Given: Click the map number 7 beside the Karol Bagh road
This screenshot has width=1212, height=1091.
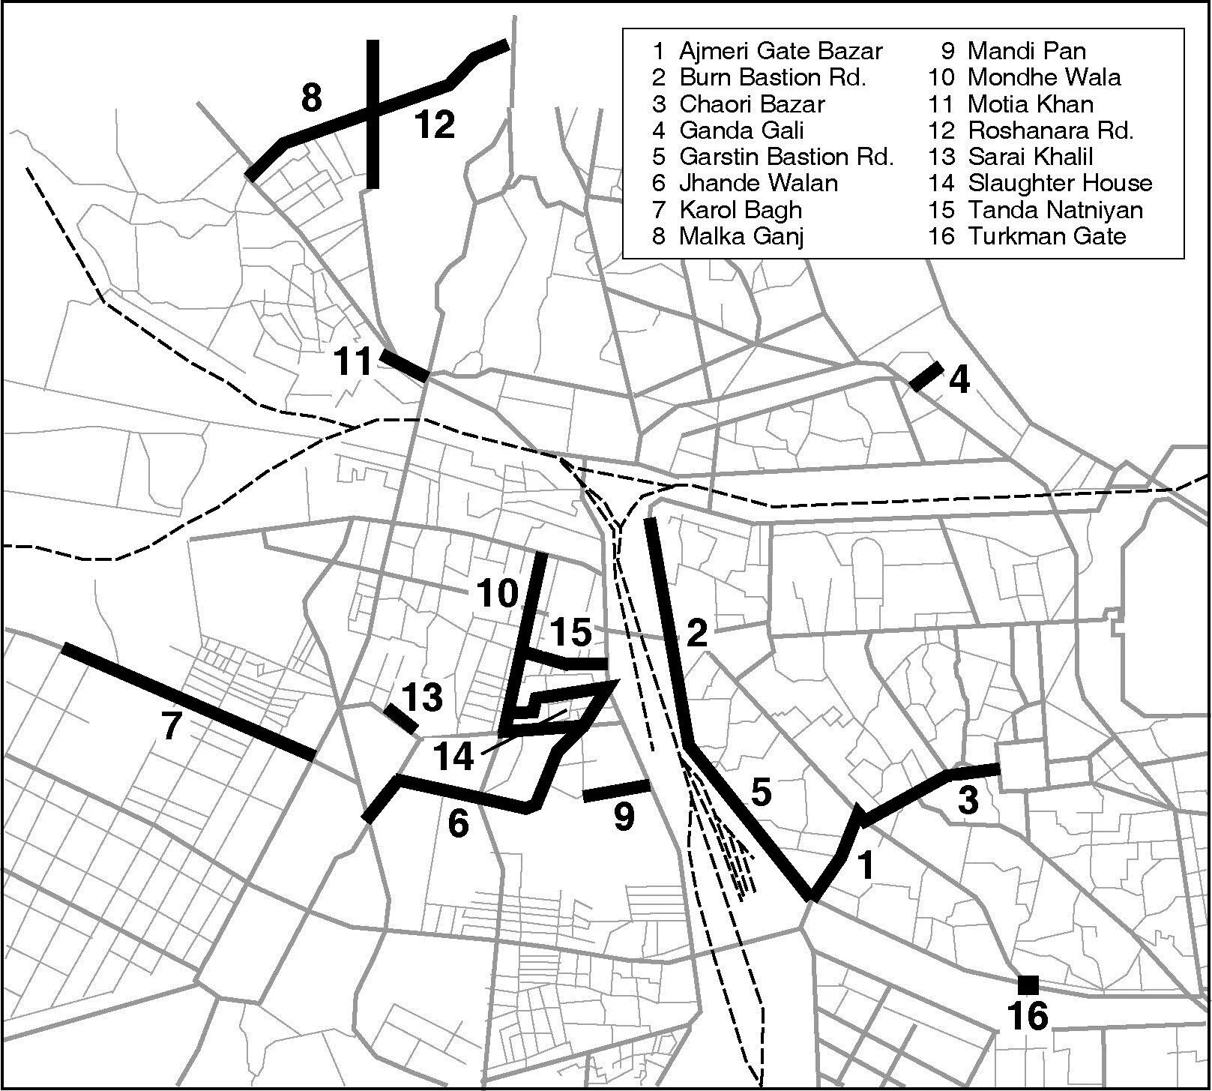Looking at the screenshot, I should click(172, 726).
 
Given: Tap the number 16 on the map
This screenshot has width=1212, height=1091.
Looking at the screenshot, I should click(1028, 1017).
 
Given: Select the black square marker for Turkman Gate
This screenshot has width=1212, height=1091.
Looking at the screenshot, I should click(1028, 984).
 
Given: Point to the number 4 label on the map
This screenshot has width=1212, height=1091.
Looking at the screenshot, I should click(959, 381).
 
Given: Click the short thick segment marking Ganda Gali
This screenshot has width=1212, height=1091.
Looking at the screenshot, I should click(926, 376).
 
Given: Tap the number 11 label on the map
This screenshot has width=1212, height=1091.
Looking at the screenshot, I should click(354, 362).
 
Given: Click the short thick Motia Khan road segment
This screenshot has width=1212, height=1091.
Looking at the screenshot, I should click(404, 364).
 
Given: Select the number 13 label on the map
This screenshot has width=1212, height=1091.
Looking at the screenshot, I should click(423, 697).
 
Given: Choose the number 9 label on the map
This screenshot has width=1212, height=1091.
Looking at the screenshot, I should click(624, 816).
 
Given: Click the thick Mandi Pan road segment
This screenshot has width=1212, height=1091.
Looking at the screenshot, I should click(615, 790).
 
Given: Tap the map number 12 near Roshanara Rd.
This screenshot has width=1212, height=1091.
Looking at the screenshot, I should click(435, 124).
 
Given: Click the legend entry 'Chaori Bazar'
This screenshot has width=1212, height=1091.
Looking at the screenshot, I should click(752, 104).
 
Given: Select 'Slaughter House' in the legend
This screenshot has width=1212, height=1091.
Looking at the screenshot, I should click(1060, 183).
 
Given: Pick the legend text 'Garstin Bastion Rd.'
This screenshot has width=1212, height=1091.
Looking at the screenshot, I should click(786, 157).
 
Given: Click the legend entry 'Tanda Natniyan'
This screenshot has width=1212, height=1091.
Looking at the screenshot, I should click(1055, 210).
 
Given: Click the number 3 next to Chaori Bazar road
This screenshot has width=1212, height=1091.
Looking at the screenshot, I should click(968, 801).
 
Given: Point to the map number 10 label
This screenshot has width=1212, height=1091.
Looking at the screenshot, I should click(498, 593).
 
